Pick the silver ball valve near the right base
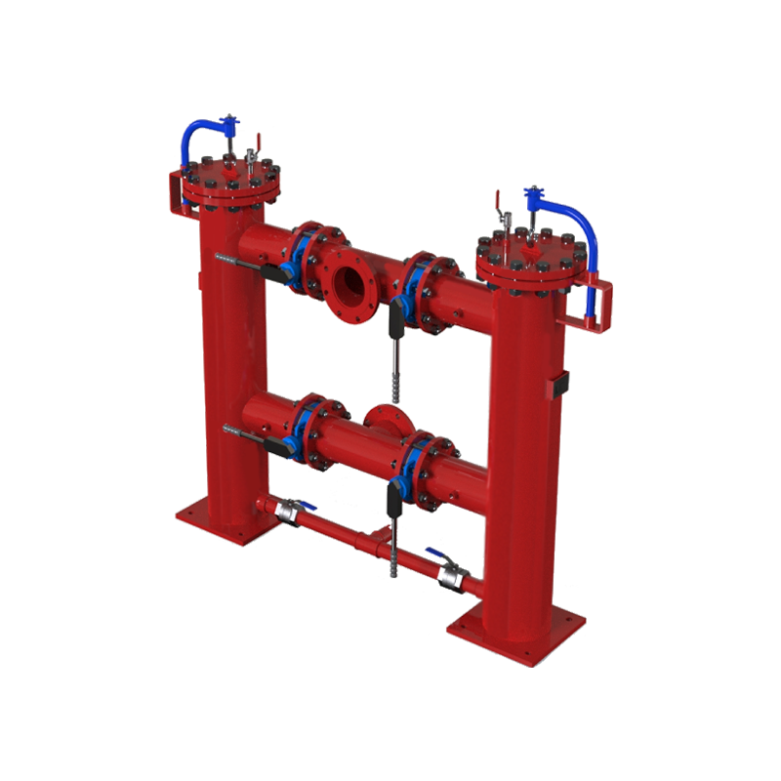tap(451, 577)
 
